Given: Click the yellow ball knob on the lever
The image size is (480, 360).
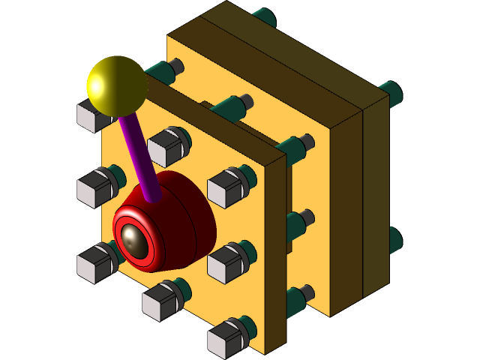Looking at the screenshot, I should tap(116, 84).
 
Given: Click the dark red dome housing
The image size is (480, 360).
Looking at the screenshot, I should tap(184, 217).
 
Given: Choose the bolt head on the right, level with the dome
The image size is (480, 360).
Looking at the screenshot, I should tap(225, 187).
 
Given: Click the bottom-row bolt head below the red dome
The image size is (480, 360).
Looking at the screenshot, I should tap(159, 302).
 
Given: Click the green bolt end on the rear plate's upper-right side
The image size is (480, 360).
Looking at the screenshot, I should tap(391, 93).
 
